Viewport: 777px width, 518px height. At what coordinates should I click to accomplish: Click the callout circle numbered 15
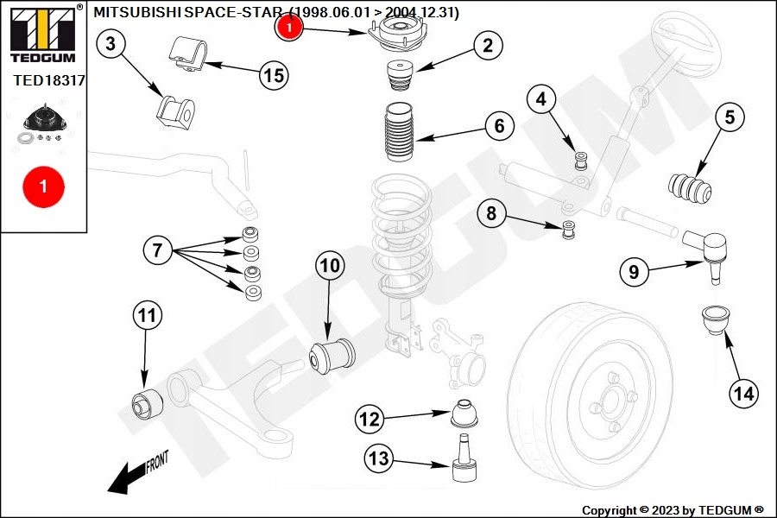pyautogui.click(x=273, y=75)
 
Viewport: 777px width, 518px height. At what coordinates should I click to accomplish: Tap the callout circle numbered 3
pyautogui.click(x=110, y=44)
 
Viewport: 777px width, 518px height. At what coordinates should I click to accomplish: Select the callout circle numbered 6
pyautogui.click(x=499, y=126)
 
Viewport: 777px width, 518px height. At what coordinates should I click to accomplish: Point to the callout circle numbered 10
pyautogui.click(x=330, y=265)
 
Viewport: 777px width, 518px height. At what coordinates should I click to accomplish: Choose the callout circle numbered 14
pyautogui.click(x=742, y=395)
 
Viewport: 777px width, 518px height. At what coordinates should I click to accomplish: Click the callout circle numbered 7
pyautogui.click(x=157, y=251)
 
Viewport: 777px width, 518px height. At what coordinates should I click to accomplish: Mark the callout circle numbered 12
pyautogui.click(x=370, y=420)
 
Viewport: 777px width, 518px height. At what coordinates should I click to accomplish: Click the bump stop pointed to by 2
pyautogui.click(x=400, y=74)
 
